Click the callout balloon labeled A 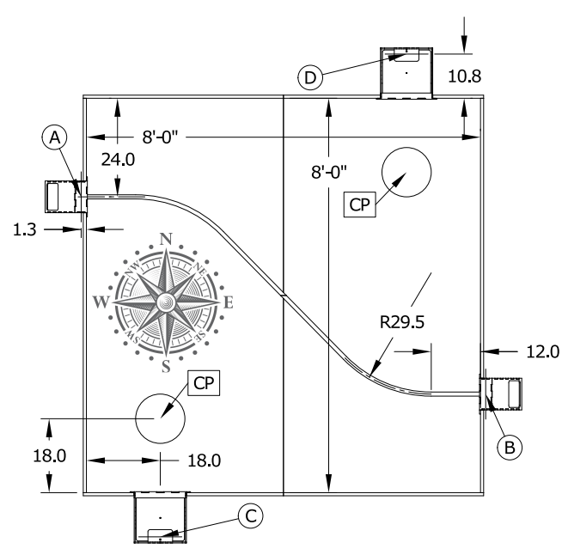[x=54, y=137]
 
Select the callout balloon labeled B [x=510, y=448]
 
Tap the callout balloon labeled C [x=251, y=516]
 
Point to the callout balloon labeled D [x=310, y=77]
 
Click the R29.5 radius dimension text [x=402, y=322]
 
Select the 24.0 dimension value [x=118, y=160]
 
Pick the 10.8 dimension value [x=465, y=76]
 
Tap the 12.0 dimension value [x=542, y=351]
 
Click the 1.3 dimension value [x=25, y=229]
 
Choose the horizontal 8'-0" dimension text [x=160, y=137]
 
